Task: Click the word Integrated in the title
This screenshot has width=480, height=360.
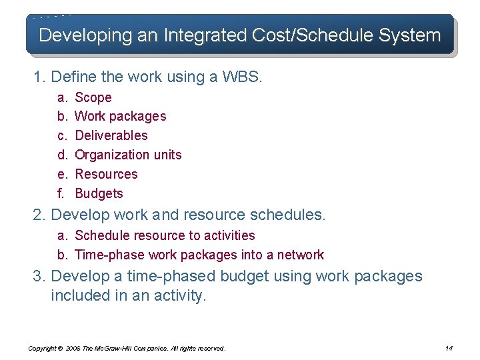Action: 179,35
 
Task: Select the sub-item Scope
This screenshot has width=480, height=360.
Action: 93,97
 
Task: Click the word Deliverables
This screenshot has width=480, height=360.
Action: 111,135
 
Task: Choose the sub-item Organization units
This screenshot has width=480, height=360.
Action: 128,155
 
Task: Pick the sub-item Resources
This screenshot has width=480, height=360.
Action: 106,174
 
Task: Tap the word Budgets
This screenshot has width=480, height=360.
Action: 99,193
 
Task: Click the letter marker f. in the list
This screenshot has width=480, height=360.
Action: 61,193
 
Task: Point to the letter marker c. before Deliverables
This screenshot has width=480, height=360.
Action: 61,135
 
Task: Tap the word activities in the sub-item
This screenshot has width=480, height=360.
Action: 230,235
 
